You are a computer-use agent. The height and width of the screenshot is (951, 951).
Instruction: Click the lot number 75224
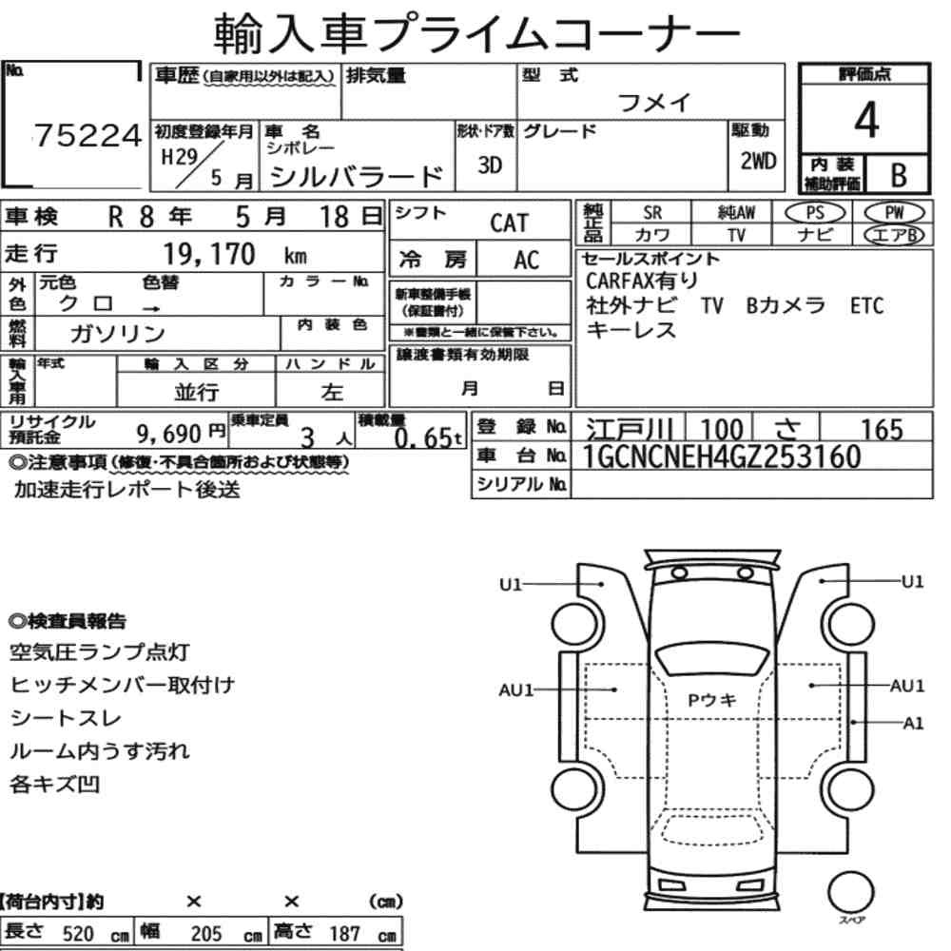87,135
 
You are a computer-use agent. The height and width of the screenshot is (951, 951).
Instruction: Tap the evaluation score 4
866,120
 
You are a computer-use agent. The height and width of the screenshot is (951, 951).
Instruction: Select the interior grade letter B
899,175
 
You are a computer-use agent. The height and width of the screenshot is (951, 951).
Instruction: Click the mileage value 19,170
209,254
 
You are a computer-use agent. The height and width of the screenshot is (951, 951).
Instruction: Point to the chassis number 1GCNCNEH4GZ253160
722,456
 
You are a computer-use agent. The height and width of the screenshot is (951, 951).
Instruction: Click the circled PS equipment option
815,213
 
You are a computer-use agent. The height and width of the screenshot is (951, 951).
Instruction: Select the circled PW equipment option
894,213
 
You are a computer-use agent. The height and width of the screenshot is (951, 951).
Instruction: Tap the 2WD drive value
758,162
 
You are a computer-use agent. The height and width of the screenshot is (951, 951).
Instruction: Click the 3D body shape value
490,165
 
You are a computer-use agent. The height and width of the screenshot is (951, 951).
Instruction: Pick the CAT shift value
510,223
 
